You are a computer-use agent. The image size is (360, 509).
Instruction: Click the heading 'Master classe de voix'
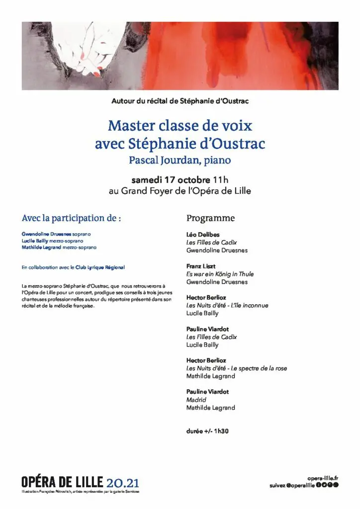pyautogui.click(x=180, y=125)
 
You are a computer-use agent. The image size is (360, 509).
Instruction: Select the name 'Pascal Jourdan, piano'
pyautogui.click(x=180, y=160)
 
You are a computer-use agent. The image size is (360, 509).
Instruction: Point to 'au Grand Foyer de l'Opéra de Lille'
pyautogui.click(x=180, y=191)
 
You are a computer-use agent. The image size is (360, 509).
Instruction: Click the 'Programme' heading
pyautogui.click(x=210, y=218)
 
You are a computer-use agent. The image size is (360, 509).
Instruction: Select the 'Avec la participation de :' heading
pyautogui.click(x=72, y=218)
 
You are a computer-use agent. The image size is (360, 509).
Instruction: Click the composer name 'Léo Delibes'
pyautogui.click(x=203, y=234)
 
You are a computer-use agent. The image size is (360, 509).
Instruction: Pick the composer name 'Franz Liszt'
pyautogui.click(x=201, y=266)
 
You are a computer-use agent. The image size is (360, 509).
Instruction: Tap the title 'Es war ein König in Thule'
pyautogui.click(x=219, y=274)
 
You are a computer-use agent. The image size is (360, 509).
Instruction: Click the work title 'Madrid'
pyautogui.click(x=196, y=400)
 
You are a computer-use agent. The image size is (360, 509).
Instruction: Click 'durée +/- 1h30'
pyautogui.click(x=207, y=431)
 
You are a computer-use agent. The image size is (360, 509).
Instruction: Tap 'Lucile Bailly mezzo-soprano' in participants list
pyautogui.click(x=53, y=241)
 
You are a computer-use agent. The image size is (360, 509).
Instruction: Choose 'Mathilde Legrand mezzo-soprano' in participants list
pyautogui.click(x=59, y=247)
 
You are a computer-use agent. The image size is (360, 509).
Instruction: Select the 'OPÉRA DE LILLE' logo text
pyautogui.click(x=62, y=482)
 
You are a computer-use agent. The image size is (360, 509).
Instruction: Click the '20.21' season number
pyautogui.click(x=123, y=482)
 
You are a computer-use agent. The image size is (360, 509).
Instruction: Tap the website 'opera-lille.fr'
pyautogui.click(x=323, y=478)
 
